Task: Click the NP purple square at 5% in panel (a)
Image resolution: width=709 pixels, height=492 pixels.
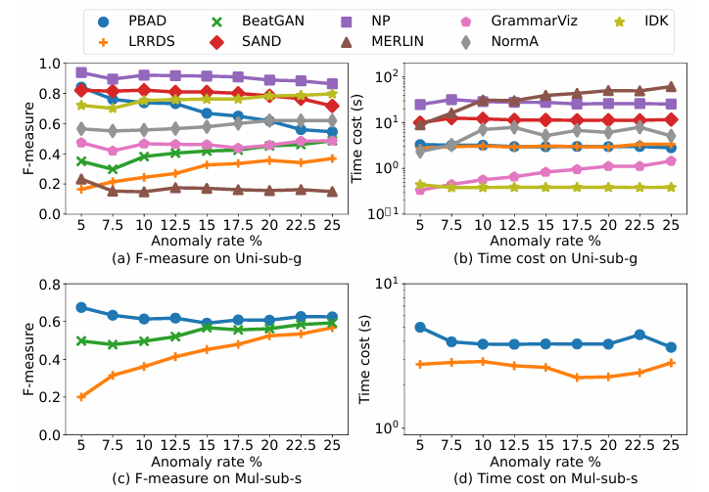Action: click(x=81, y=72)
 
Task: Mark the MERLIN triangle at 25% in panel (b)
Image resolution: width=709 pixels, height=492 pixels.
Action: click(x=670, y=87)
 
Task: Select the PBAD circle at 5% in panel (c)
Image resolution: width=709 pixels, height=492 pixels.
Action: click(x=81, y=307)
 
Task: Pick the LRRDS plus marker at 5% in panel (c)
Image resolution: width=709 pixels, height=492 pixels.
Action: click(x=81, y=397)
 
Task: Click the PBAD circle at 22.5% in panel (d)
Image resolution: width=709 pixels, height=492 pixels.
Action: click(x=640, y=335)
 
